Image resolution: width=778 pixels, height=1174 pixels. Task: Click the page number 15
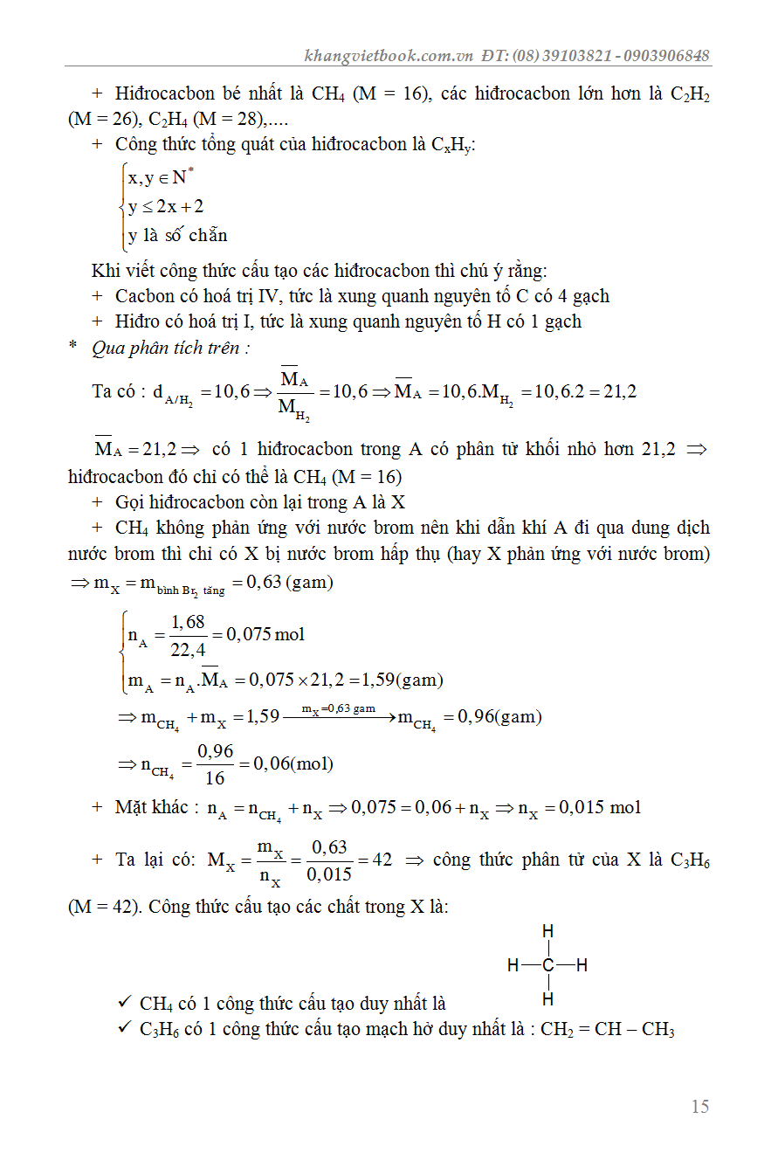point(699,1107)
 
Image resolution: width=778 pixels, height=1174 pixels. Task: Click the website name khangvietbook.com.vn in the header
point(389,56)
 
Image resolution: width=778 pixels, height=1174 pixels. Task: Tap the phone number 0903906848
point(667,56)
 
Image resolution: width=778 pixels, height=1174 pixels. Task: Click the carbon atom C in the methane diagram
point(548,965)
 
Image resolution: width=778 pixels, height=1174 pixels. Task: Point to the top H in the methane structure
point(548,932)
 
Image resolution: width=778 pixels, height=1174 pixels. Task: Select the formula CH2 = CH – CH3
point(608,1029)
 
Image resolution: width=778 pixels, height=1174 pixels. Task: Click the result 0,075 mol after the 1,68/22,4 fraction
point(265,634)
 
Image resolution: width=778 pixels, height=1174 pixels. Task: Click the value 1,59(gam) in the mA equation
point(403,680)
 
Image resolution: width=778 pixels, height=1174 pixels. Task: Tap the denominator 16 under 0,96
point(215,777)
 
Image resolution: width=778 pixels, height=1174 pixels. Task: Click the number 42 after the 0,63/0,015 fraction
point(382,860)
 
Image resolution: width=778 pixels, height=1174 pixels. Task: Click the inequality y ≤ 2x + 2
point(166,207)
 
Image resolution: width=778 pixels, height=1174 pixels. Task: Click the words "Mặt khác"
point(151,807)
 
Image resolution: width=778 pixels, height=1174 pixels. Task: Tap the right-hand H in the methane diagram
point(582,965)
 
